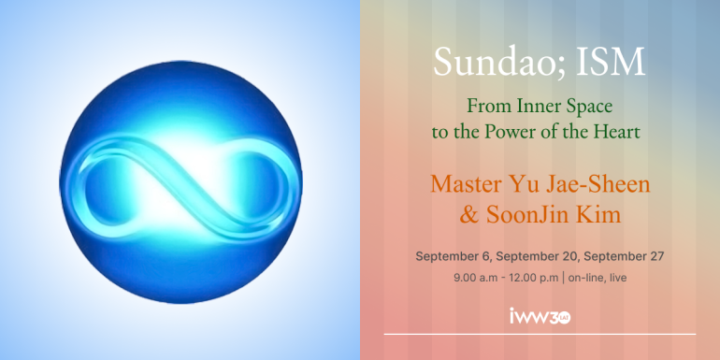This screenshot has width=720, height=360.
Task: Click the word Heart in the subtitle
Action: [x=617, y=132]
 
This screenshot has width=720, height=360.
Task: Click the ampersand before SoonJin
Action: [x=468, y=215]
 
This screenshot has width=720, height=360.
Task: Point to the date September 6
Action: [x=454, y=257]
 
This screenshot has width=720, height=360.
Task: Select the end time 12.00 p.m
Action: [x=534, y=278]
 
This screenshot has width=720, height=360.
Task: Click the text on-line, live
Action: [x=598, y=278]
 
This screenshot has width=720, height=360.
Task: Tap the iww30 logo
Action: [x=540, y=316]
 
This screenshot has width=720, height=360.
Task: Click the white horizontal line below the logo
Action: [x=540, y=334]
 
